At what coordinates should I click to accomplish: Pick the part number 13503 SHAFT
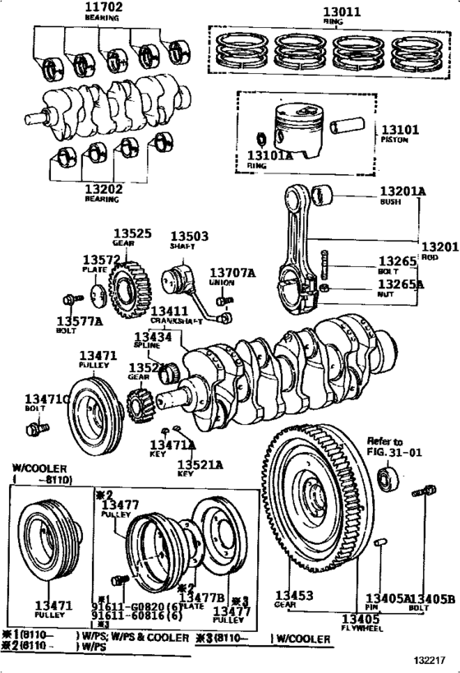click(x=188, y=236)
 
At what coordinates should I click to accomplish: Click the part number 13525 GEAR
click(x=132, y=234)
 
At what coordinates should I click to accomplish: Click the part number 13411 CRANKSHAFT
click(x=169, y=312)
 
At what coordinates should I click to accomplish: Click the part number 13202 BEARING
click(x=103, y=189)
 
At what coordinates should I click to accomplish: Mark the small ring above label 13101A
click(x=260, y=136)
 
